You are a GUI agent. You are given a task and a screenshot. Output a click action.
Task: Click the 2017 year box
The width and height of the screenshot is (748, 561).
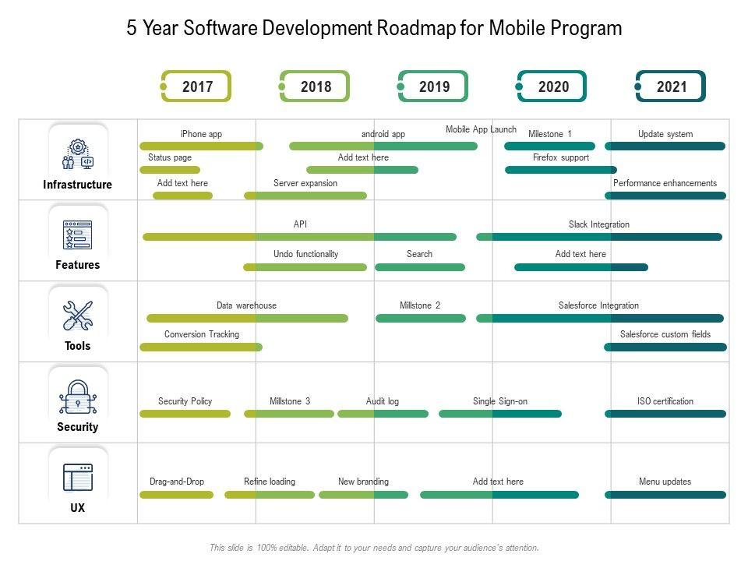pyautogui.click(x=197, y=86)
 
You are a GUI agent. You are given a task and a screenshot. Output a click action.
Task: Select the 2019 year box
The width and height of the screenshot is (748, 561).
pyautogui.click(x=434, y=86)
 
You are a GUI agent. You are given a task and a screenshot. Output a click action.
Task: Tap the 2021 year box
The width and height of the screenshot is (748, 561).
pyautogui.click(x=671, y=86)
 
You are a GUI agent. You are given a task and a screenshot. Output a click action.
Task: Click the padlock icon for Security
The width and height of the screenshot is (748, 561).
pyautogui.click(x=77, y=397)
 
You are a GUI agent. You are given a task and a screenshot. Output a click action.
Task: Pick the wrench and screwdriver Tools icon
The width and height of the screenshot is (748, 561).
pyautogui.click(x=77, y=316)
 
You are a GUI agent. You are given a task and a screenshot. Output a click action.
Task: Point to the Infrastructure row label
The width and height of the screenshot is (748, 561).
pyautogui.click(x=78, y=185)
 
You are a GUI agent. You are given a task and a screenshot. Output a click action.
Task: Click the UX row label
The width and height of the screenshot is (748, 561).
pyautogui.click(x=78, y=508)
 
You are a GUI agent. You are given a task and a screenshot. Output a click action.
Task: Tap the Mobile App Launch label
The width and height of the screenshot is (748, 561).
pyautogui.click(x=481, y=129)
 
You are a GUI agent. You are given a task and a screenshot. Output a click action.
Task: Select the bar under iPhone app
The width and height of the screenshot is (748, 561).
pyautogui.click(x=201, y=146)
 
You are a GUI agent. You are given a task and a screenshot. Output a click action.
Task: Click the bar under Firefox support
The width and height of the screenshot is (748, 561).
pyautogui.click(x=561, y=169)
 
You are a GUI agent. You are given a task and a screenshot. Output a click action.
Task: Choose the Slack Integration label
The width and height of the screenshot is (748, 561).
pyautogui.click(x=598, y=224)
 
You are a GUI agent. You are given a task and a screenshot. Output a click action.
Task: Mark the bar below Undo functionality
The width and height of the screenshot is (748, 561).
pyautogui.click(x=305, y=267)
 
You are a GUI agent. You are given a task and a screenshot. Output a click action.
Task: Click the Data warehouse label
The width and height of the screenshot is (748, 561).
pyautogui.click(x=246, y=305)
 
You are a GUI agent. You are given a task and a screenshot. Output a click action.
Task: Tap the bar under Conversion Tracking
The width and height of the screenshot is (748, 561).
pyautogui.click(x=201, y=347)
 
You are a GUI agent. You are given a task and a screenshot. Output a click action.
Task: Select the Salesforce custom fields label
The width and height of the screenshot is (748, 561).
pyautogui.click(x=665, y=334)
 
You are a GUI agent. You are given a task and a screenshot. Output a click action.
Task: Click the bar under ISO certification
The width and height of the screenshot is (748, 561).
pyautogui.click(x=665, y=414)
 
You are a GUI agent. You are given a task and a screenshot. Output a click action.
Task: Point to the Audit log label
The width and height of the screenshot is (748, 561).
pyautogui.click(x=383, y=401)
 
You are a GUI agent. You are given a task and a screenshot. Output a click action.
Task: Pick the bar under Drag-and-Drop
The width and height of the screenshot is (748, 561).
pyautogui.click(x=176, y=495)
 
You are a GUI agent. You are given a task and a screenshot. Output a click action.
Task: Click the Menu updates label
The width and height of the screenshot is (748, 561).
pyautogui.click(x=665, y=482)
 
